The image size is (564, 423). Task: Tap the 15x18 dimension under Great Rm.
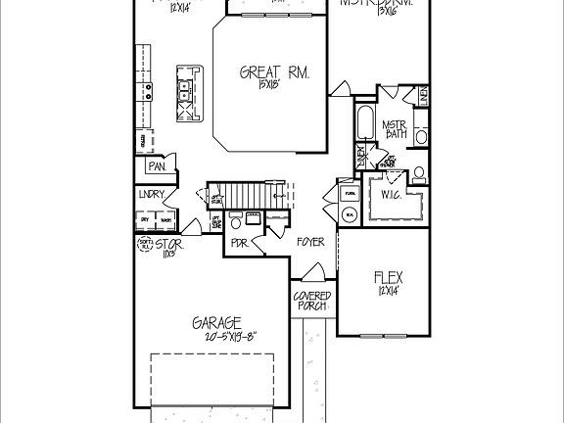point(270,86)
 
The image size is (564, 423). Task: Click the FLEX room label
point(389,276)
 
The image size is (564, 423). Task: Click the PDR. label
point(238,242)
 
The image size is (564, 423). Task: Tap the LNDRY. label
point(152,195)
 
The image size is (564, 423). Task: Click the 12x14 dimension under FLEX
point(389,290)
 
